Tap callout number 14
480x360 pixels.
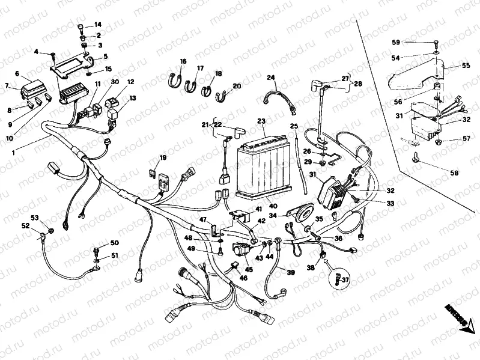pos(98,25)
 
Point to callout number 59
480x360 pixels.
pos(396,42)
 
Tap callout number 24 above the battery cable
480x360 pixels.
pos(270,78)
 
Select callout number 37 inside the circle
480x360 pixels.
pos(345,278)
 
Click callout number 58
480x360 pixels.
pos(454,173)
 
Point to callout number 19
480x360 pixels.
pos(162,158)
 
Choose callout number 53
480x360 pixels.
pos(34,217)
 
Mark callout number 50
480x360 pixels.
pos(114,243)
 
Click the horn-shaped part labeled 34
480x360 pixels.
pos(297,211)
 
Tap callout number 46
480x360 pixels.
pos(243,278)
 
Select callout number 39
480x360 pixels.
pos(291,273)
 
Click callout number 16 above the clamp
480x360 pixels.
pos(183,61)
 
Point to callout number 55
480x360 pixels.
pos(466,66)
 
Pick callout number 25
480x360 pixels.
pos(294,126)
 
